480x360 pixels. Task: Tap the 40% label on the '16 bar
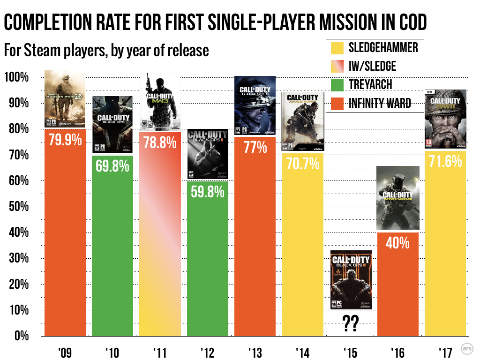click(398, 243)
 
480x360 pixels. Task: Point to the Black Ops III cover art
click(351, 280)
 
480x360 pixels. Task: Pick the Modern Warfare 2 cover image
click(65, 99)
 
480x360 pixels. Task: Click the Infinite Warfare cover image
click(398, 199)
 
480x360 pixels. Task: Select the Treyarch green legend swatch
click(337, 84)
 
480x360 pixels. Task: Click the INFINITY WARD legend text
click(380, 103)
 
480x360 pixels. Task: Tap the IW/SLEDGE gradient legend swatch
click(337, 66)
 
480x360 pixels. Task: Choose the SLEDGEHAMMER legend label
click(383, 47)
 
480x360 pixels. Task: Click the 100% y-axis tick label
click(18, 77)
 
